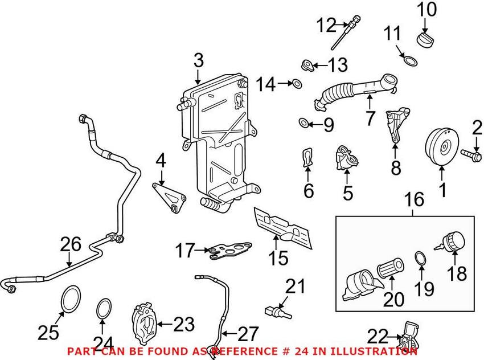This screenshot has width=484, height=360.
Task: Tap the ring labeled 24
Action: pos(104,308)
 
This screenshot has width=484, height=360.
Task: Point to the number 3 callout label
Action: pos(198,60)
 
